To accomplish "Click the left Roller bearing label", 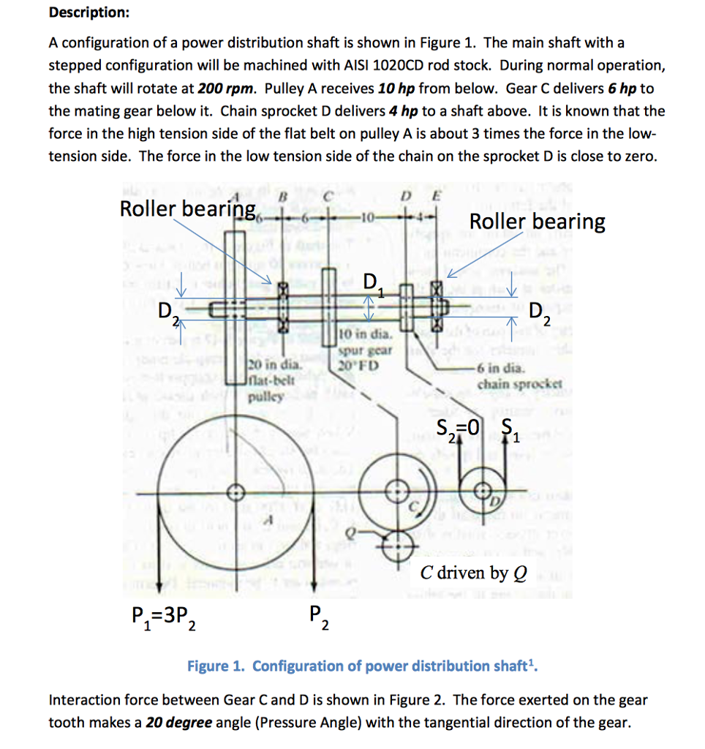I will (x=187, y=209).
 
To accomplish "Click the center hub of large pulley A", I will (x=236, y=489).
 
